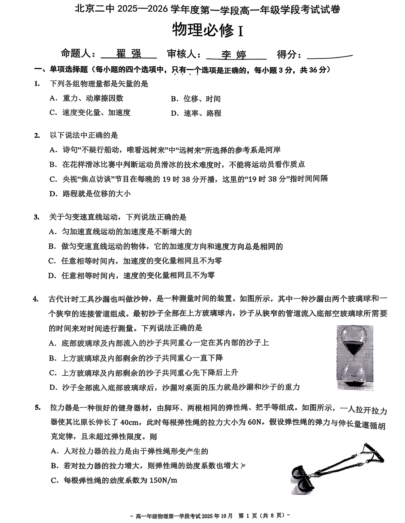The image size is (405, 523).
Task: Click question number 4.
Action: (x=35, y=299)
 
